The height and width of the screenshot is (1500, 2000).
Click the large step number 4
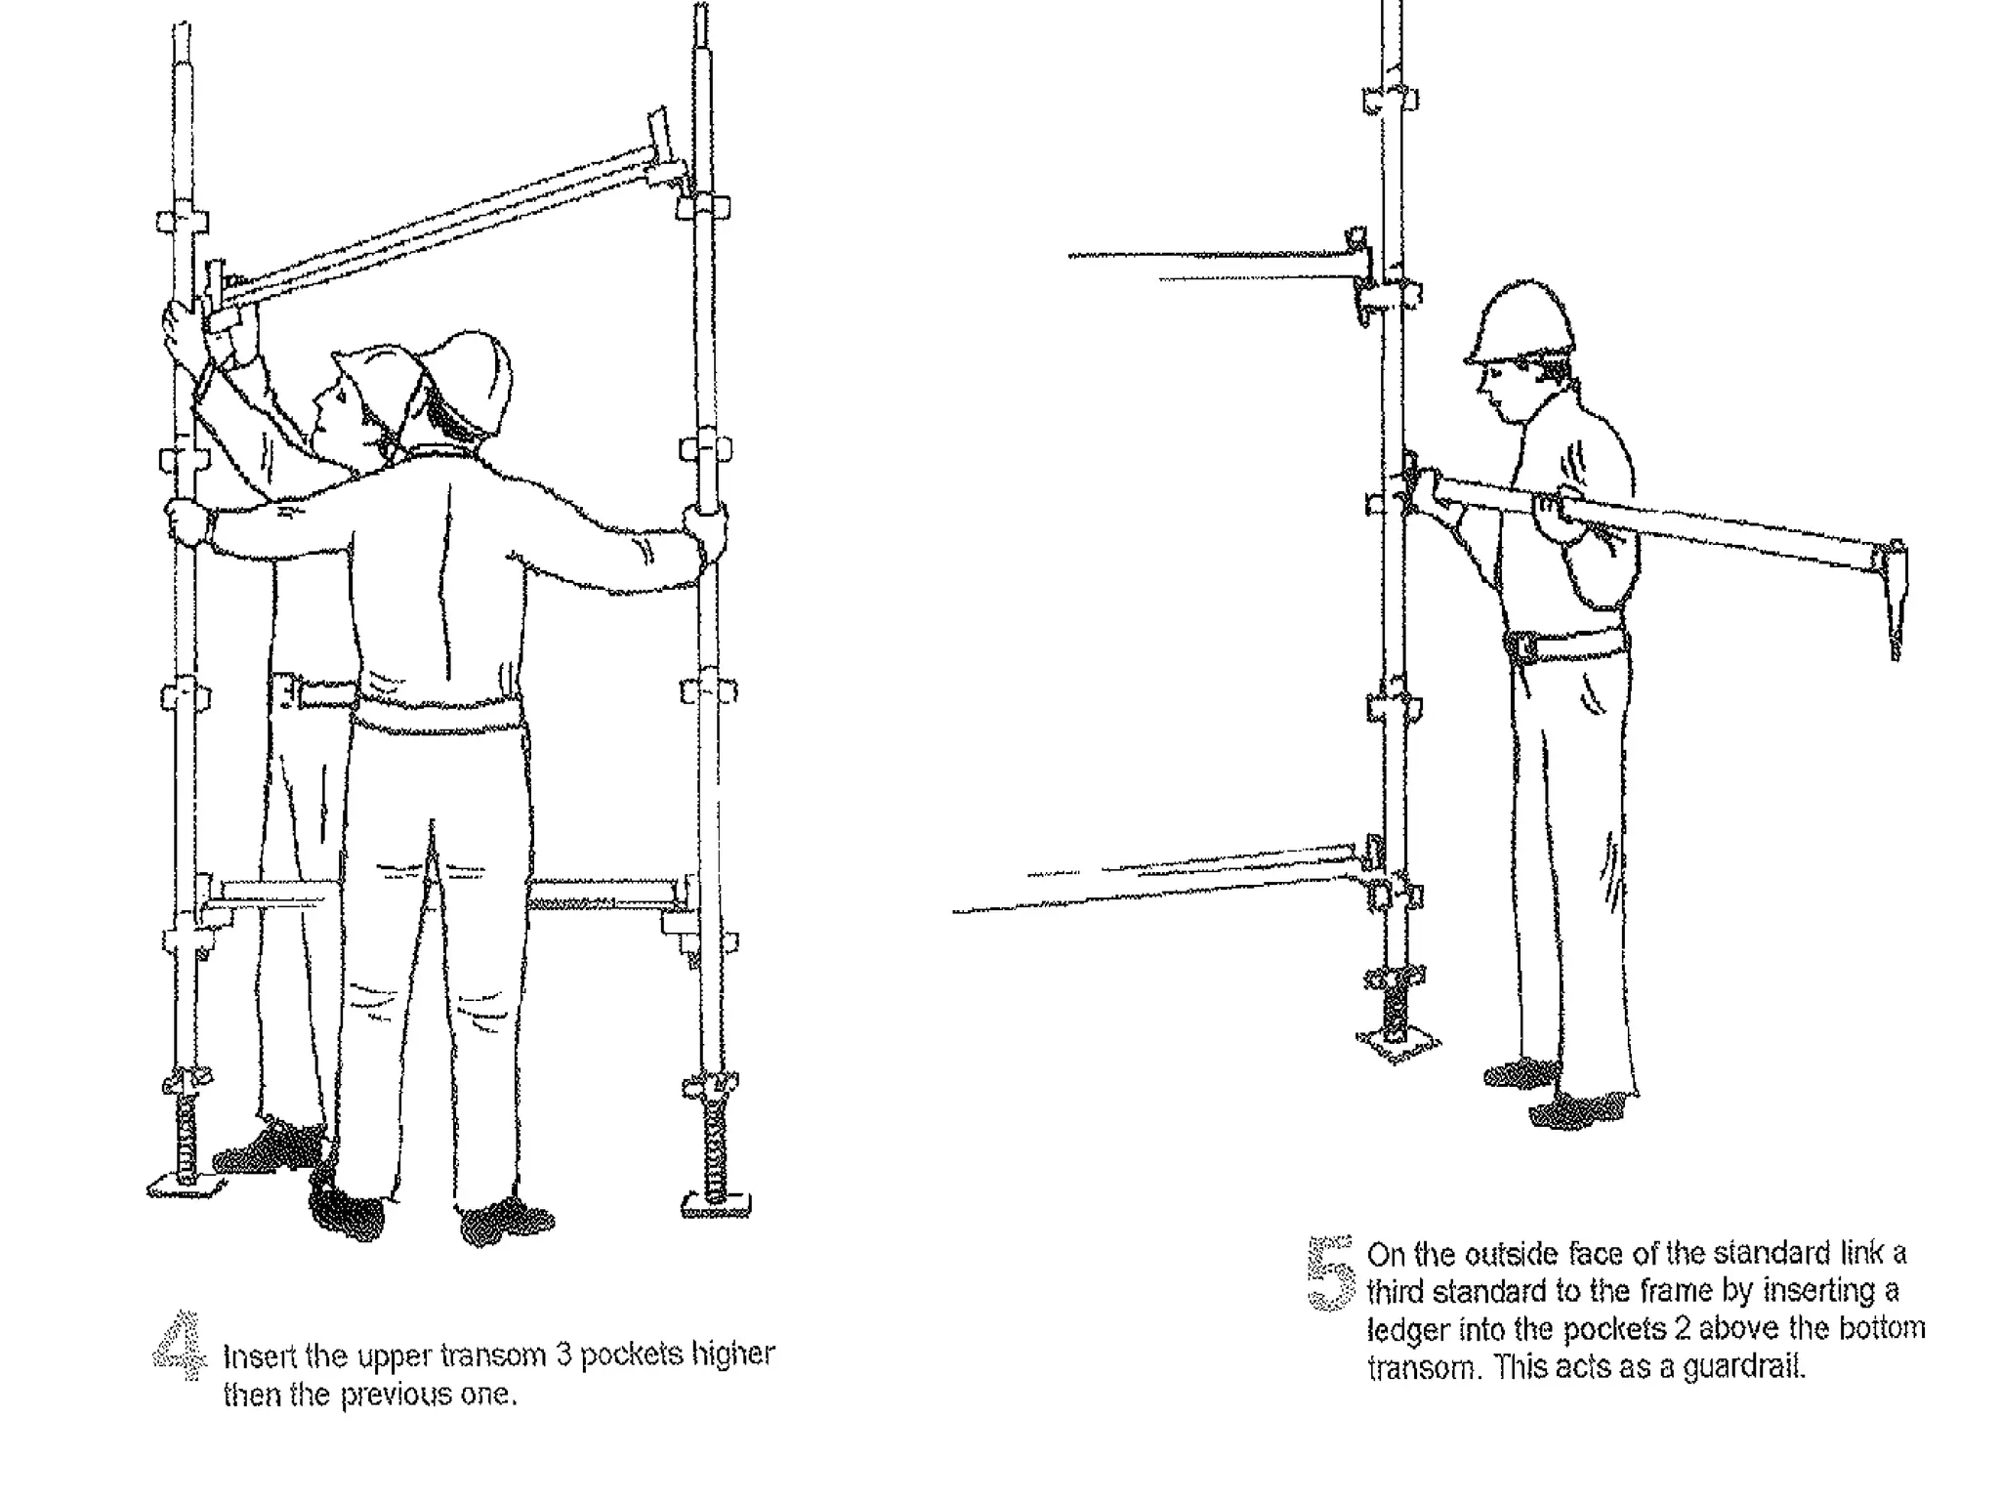tap(181, 1348)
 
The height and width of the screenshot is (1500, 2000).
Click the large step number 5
tap(1330, 1272)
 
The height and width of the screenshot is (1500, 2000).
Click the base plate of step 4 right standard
tap(716, 1207)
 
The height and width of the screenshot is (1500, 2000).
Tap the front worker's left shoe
tap(347, 1211)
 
